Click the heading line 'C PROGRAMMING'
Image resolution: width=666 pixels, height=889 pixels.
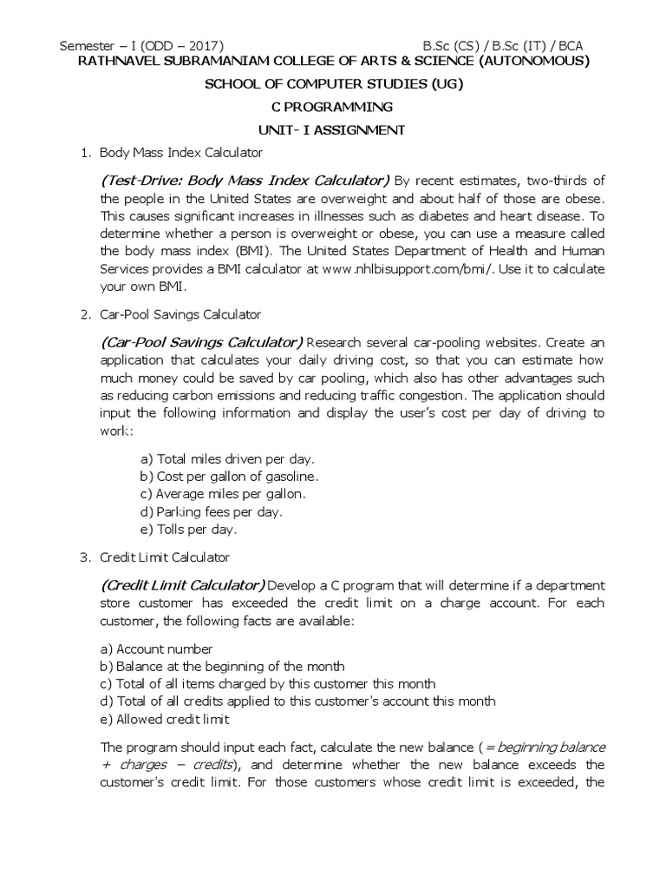pyautogui.click(x=333, y=107)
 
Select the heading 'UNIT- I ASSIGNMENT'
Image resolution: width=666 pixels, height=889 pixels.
pyautogui.click(x=333, y=129)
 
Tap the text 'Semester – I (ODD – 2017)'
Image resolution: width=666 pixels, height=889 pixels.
pyautogui.click(x=141, y=45)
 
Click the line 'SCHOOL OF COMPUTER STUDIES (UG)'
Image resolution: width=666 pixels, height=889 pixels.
pyautogui.click(x=333, y=84)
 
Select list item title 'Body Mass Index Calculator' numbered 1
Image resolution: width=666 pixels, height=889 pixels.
pyautogui.click(x=180, y=153)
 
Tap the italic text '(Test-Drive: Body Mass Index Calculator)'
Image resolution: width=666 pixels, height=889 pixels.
pyautogui.click(x=245, y=181)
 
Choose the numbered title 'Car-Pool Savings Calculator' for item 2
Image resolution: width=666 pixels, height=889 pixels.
pyautogui.click(x=180, y=313)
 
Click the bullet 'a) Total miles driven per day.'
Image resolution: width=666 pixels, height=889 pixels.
pyautogui.click(x=227, y=458)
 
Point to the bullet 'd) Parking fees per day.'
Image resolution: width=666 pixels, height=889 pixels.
pyautogui.click(x=211, y=511)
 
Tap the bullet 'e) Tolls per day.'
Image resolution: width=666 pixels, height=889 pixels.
pyautogui.click(x=188, y=529)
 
